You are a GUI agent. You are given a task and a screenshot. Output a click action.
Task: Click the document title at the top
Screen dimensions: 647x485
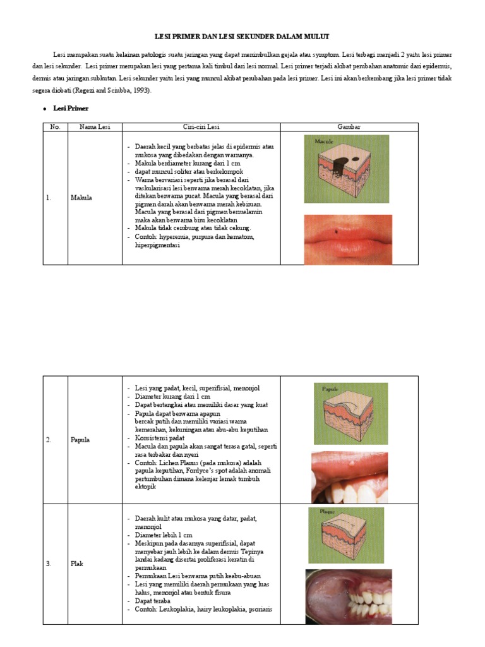(x=242, y=37)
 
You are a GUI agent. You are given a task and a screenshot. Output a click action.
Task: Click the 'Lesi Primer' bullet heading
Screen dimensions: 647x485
(x=71, y=109)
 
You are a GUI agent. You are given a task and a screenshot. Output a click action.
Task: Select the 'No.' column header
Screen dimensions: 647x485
(x=55, y=127)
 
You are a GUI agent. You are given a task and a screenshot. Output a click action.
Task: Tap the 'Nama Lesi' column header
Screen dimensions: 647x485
(x=95, y=127)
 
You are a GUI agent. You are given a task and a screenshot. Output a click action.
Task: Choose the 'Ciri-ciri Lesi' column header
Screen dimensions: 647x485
(x=201, y=127)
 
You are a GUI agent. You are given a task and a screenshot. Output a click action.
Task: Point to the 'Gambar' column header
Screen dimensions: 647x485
(x=349, y=127)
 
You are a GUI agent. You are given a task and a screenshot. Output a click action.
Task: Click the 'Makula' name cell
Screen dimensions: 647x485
(x=81, y=198)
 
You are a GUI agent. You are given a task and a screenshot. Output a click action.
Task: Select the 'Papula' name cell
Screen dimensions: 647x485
(x=80, y=440)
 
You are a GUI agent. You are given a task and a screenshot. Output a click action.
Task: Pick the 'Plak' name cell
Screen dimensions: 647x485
(x=76, y=564)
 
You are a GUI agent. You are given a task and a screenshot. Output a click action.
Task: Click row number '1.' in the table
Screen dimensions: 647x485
(x=49, y=198)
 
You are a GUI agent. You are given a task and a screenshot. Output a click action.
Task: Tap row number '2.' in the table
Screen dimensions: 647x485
(x=49, y=440)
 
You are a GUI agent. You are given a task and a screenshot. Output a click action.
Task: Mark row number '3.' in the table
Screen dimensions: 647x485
(x=49, y=564)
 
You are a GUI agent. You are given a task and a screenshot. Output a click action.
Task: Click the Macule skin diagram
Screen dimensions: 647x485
(x=346, y=169)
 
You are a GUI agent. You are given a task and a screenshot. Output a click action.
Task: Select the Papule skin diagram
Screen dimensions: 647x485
(x=350, y=413)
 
